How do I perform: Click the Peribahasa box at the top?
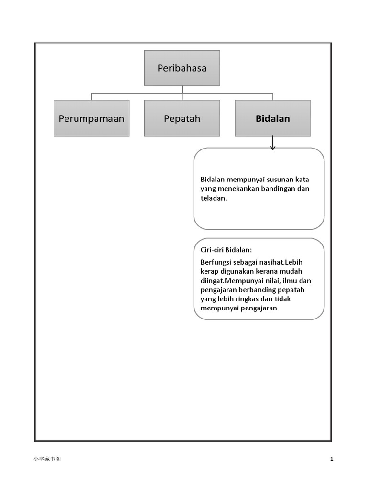point(182,68)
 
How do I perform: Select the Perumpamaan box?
point(91,118)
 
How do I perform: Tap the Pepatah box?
point(182,118)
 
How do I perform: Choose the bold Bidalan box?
point(272,118)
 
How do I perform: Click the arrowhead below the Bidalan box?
point(273,148)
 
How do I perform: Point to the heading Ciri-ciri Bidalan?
point(226,250)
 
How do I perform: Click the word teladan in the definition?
point(213,198)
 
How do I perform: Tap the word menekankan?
point(239,189)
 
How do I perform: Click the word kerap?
point(210,271)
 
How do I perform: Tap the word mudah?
point(292,271)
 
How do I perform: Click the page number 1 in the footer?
point(332,459)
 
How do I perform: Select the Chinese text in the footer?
point(47,459)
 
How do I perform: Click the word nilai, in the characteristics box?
point(279,281)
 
